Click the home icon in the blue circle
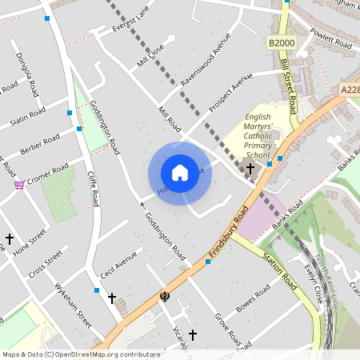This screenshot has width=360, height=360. (180, 172)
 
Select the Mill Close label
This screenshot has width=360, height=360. (150, 54)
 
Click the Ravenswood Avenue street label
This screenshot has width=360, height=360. (205, 60)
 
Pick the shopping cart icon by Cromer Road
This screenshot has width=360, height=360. (18, 184)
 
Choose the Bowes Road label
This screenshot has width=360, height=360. (255, 307)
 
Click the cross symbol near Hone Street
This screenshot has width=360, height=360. (10, 238)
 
